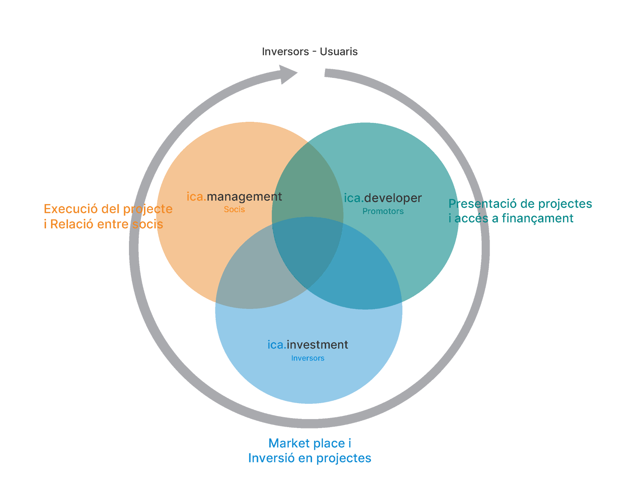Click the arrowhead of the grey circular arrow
click(287, 74)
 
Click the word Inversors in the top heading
click(285, 52)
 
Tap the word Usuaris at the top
click(338, 52)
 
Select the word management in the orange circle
click(244, 197)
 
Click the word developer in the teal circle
click(393, 198)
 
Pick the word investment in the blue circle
click(317, 345)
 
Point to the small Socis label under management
click(234, 209)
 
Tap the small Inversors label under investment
click(308, 358)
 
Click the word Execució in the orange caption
click(70, 209)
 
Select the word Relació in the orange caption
click(72, 224)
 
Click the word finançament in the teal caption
click(537, 218)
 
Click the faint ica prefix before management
click(196, 197)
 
